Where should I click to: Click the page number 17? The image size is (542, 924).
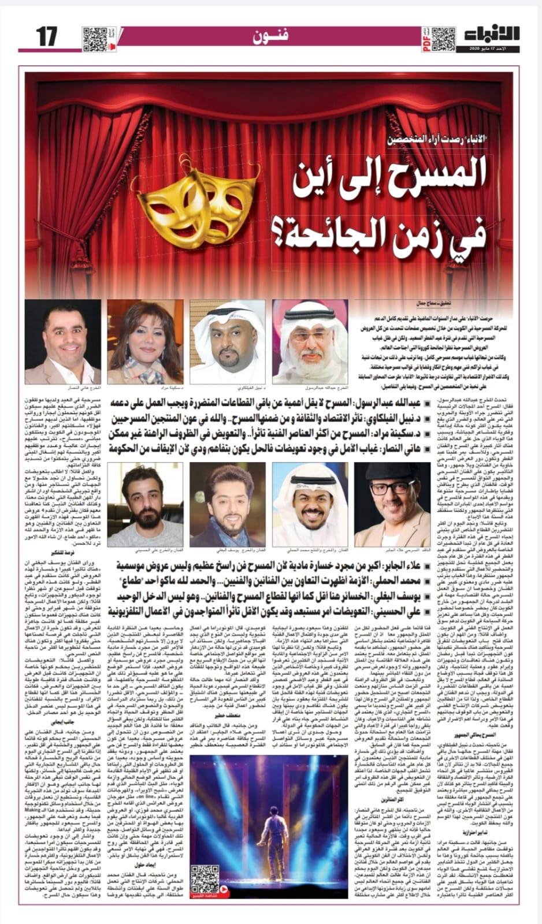pos(46,37)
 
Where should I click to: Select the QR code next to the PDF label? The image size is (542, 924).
pos(443,37)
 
